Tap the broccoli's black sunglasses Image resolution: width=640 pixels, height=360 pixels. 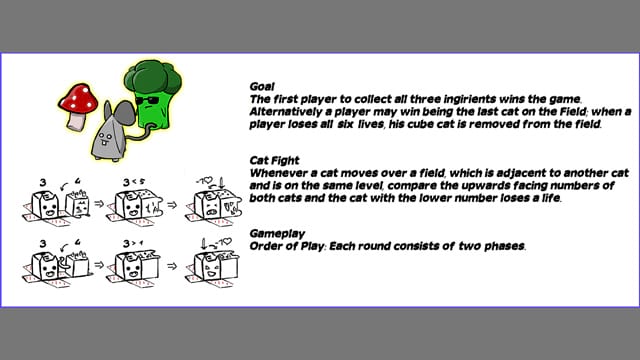[x=147, y=100]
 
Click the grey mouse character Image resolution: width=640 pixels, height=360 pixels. [x=113, y=131]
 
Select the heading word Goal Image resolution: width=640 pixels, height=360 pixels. [x=262, y=87]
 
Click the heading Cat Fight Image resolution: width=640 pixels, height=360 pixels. [x=274, y=160]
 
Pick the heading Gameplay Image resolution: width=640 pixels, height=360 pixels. [x=277, y=234]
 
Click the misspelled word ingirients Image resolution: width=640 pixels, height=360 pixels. [x=470, y=99]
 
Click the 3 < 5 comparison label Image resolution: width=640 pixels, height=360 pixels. [x=134, y=182]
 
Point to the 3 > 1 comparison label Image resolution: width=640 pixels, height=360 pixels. [x=133, y=244]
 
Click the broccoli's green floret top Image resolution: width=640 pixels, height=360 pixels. [x=153, y=77]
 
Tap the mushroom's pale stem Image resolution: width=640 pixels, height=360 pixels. [x=77, y=122]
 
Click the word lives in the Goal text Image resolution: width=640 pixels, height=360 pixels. [x=371, y=124]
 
